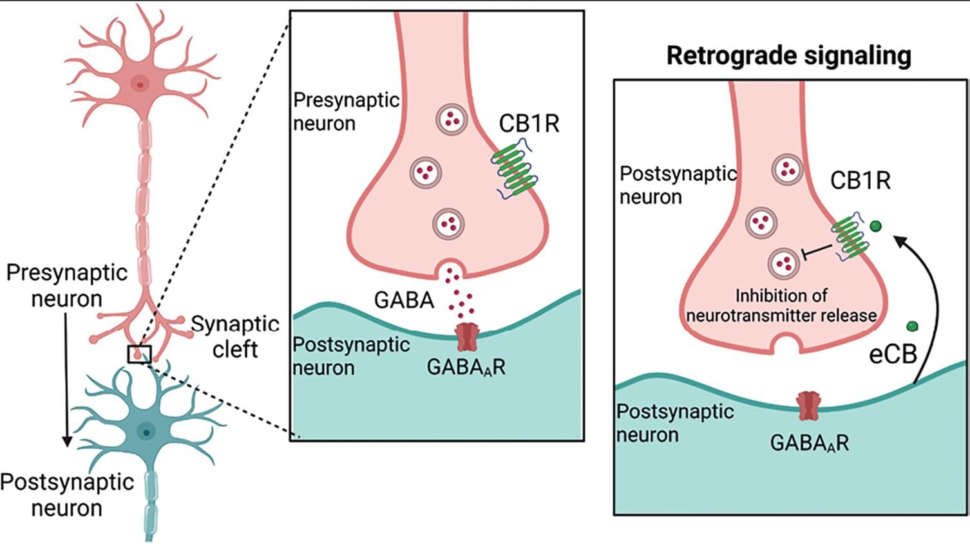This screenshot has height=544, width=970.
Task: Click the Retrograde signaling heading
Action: tap(788, 55)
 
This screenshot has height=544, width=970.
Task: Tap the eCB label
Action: tap(893, 354)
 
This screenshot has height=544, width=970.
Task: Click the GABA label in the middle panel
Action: tap(404, 299)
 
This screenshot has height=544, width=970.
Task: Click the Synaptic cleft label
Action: tap(235, 336)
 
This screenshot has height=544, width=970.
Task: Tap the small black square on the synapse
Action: tap(139, 354)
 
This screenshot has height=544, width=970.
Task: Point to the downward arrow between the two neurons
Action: tap(66, 380)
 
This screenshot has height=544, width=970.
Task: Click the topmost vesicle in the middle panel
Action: tap(451, 119)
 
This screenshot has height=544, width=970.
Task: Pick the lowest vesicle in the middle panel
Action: tap(448, 223)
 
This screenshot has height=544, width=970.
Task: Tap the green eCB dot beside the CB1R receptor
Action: tap(876, 226)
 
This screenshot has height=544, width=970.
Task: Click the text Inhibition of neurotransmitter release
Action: tap(781, 305)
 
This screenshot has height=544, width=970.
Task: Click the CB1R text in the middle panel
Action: tap(529, 124)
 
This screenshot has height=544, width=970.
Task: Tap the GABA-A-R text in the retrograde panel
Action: tap(809, 443)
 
